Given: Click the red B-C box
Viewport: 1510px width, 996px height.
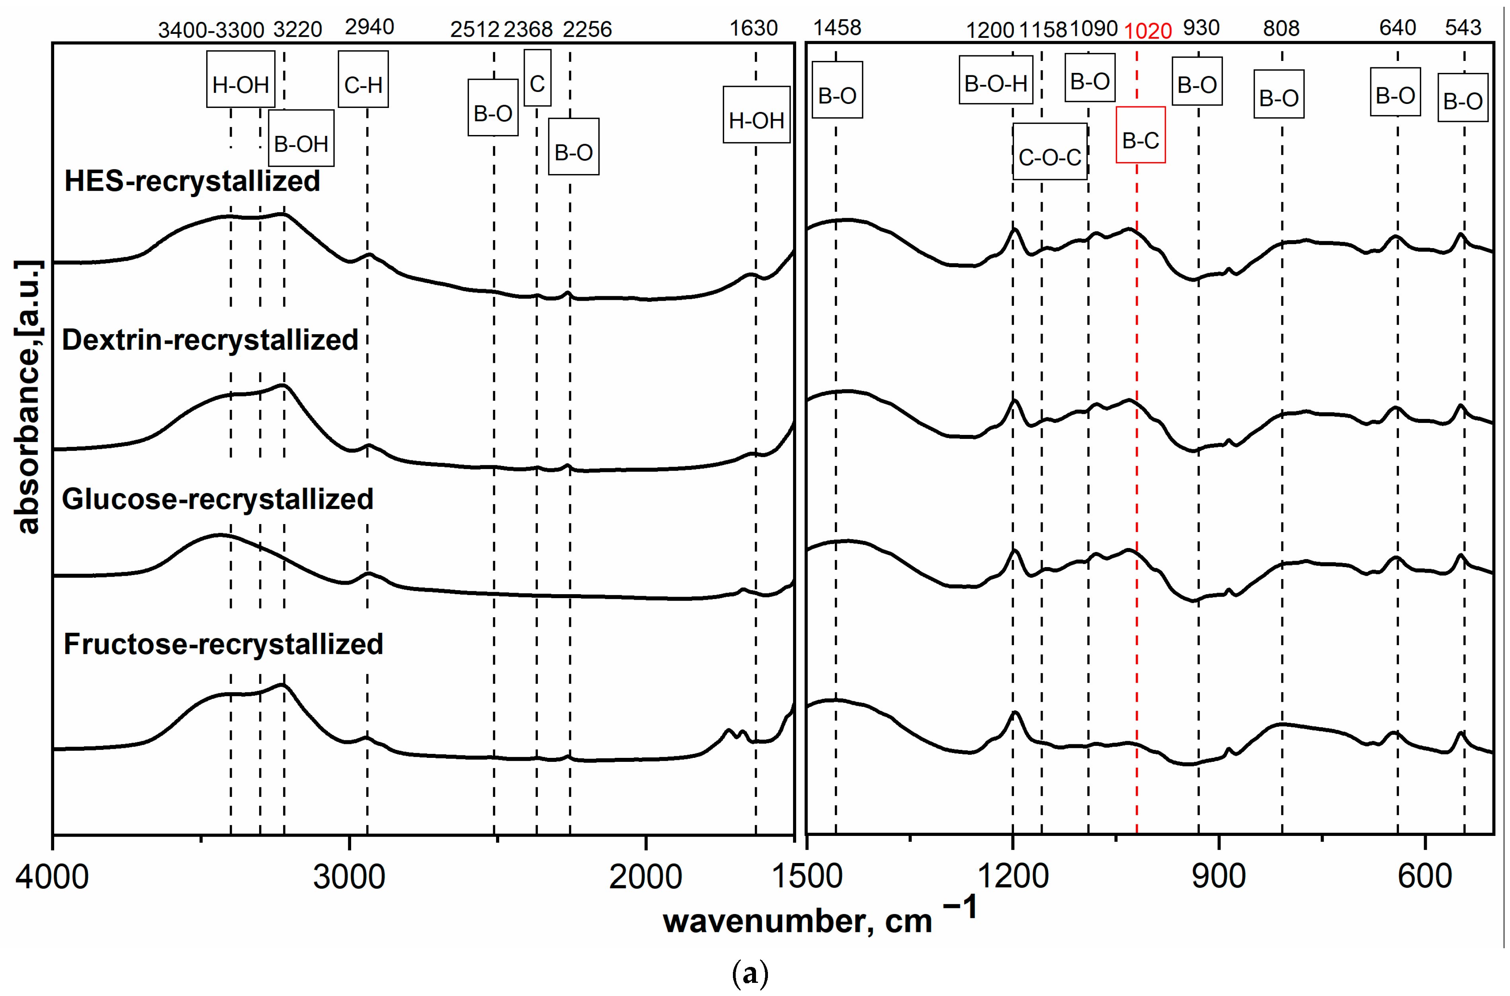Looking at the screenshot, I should coord(1141,135).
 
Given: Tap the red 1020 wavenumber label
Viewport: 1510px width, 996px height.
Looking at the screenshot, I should coord(1147,31).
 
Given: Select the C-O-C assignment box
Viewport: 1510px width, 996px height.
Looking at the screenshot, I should coord(1050,152).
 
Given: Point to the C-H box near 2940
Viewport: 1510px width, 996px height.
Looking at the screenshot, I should coord(363,79).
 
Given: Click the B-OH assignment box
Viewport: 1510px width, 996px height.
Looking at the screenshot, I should coord(301,139).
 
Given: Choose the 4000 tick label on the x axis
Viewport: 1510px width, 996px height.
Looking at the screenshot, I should coord(52,877).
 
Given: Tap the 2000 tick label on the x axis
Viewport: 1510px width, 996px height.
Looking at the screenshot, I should coord(645,877).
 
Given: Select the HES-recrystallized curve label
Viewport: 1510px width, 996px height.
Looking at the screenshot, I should coord(192,181).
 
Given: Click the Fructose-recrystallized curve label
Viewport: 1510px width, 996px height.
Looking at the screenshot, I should coord(223,644).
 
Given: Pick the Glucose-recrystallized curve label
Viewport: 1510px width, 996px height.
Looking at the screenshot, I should coord(217,499).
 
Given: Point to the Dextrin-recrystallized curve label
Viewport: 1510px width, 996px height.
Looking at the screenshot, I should coord(209,340).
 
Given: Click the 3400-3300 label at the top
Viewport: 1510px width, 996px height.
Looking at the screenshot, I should coord(211,30).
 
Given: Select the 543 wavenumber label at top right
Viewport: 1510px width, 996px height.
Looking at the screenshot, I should coord(1463,27).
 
